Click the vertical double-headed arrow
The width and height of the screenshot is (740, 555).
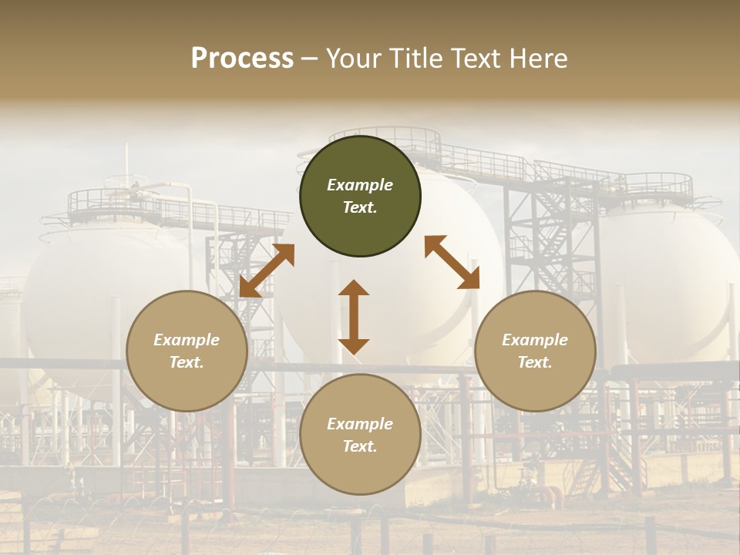(x=354, y=317)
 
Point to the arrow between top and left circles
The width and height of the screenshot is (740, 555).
(x=267, y=271)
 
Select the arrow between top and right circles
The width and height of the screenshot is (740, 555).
(x=452, y=262)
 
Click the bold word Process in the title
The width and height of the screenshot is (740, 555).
(x=242, y=59)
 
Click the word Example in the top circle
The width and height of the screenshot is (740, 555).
(x=360, y=185)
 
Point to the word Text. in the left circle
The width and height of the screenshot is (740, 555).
(x=187, y=362)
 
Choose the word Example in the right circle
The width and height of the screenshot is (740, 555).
(x=535, y=340)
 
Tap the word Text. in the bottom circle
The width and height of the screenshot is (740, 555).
(x=360, y=446)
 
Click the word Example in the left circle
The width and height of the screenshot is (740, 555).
(x=187, y=340)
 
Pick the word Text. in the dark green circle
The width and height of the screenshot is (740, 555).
(x=360, y=207)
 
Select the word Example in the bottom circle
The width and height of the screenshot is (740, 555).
(x=360, y=424)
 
